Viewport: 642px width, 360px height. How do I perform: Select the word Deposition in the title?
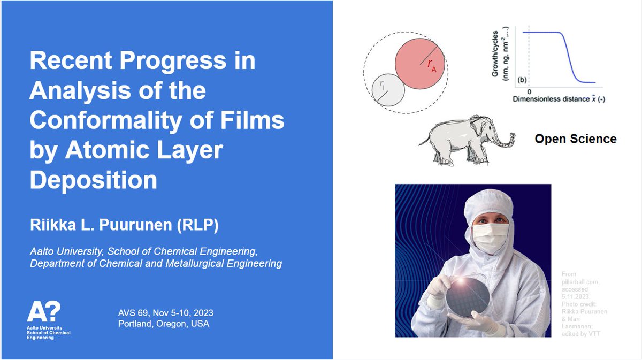tap(94, 181)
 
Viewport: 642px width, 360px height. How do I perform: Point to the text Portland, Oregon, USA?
tap(164, 324)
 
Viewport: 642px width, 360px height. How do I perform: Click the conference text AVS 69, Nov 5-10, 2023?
tap(169, 313)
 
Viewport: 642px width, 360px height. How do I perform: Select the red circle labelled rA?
tap(419, 65)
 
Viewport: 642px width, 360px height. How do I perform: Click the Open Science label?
tap(576, 139)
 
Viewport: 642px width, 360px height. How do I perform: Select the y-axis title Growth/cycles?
tap(497, 57)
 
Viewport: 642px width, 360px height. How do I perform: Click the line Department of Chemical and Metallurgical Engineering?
tap(156, 263)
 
